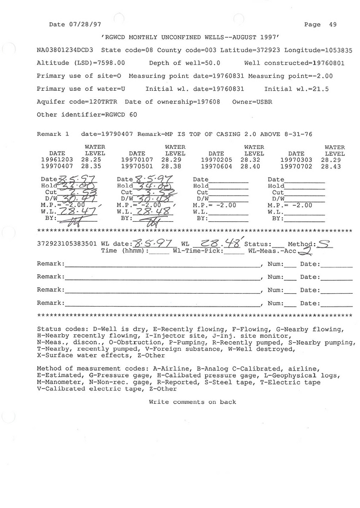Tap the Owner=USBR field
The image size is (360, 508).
252,102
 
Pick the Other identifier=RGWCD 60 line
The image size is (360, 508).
87,115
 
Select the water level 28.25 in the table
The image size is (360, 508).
91,160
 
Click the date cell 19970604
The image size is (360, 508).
216,167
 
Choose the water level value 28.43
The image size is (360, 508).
331,167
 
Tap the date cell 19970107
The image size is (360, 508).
137,160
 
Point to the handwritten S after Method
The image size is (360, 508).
324,244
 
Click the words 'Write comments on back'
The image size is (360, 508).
192,402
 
